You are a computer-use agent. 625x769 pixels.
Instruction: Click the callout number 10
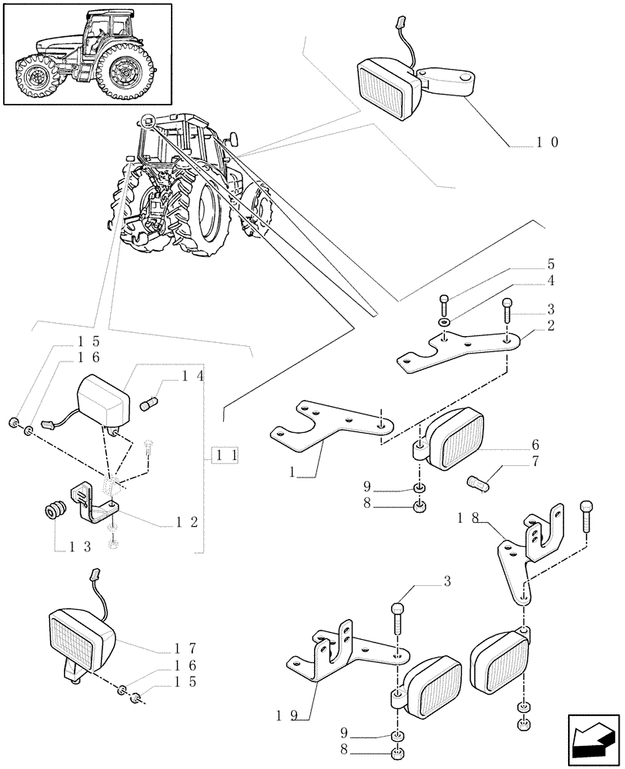pos(546,141)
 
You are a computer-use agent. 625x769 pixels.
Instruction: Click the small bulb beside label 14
pos(152,402)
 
